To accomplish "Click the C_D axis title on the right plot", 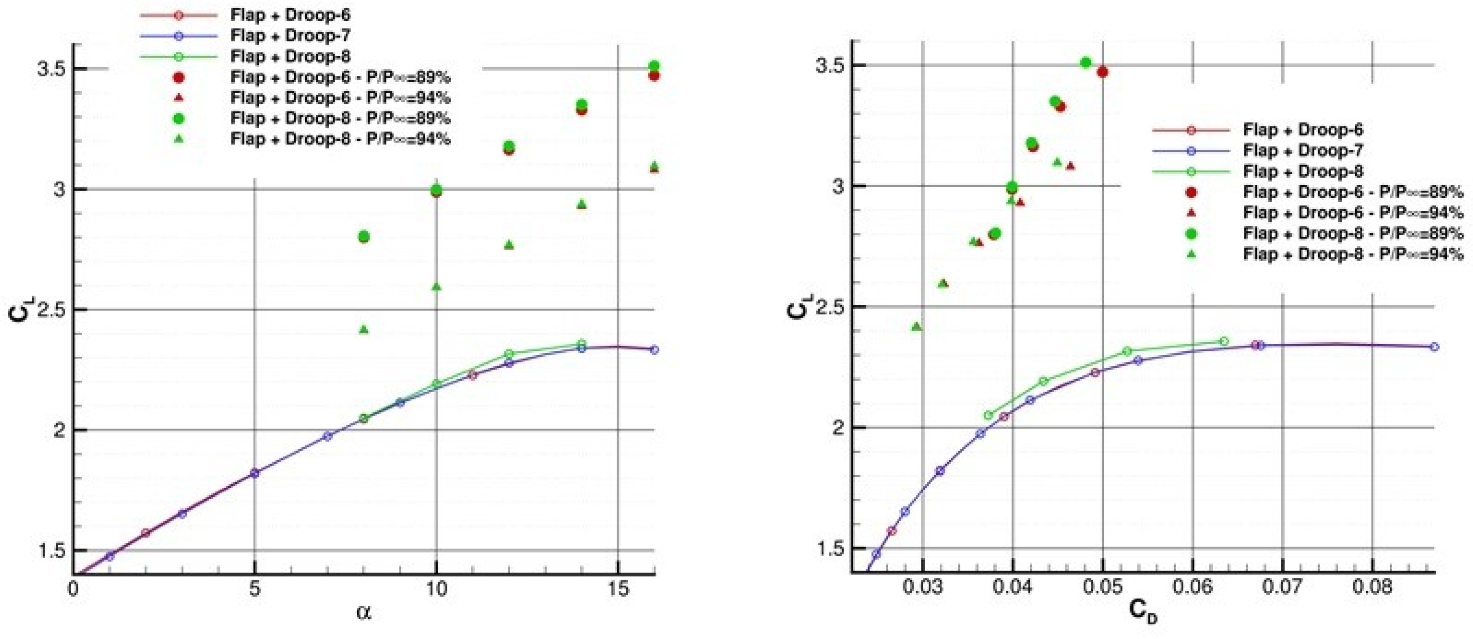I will click(x=1144, y=613).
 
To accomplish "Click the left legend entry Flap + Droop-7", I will click(x=290, y=35).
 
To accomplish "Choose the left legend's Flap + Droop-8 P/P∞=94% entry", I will click(x=340, y=139).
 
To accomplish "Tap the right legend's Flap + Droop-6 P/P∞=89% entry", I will click(x=1353, y=192).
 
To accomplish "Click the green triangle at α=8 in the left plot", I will click(x=364, y=330).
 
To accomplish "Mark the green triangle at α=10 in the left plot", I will click(x=436, y=287).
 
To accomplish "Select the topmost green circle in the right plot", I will click(x=1085, y=63).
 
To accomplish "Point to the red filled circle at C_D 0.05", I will click(x=1102, y=72).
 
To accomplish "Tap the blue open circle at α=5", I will click(x=255, y=473).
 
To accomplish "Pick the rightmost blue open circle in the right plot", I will click(x=1434, y=346).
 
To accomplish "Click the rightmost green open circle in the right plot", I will click(x=1224, y=341).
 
